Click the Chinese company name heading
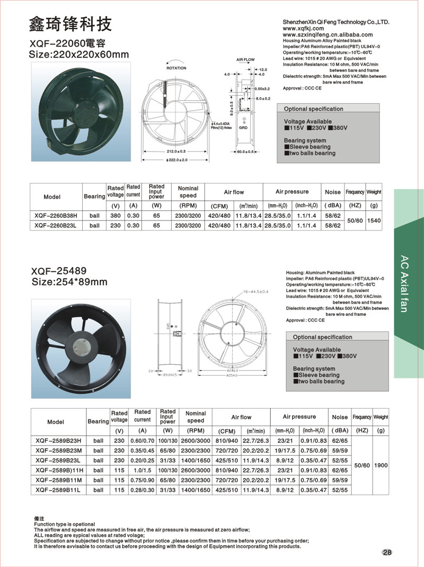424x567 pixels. click(70, 24)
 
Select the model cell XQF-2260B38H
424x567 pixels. click(56, 216)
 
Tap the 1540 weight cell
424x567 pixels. click(374, 220)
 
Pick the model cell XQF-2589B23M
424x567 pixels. click(58, 450)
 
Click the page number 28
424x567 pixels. click(387, 553)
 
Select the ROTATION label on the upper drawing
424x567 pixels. click(176, 68)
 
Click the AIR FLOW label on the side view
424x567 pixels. click(246, 60)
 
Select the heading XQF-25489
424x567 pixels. click(59, 270)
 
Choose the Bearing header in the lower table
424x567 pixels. click(98, 422)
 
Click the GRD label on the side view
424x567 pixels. click(243, 128)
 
